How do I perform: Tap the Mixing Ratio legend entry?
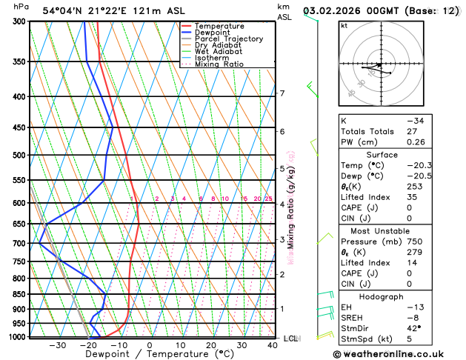coord(219,64)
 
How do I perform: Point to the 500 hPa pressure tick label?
coord(20,156)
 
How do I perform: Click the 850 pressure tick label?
coord(20,294)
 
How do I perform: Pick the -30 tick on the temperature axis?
coord(57,345)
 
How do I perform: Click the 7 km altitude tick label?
coord(282,93)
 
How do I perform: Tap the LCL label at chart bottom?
coord(290,339)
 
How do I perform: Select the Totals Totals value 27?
coord(413,131)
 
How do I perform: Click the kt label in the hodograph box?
coord(344,25)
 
